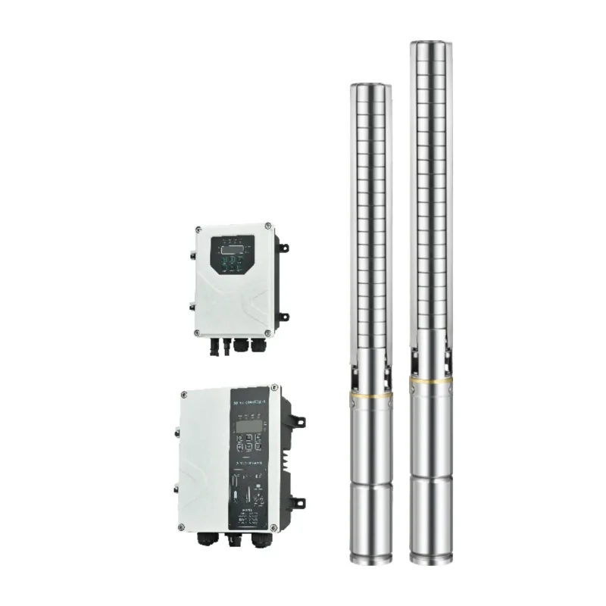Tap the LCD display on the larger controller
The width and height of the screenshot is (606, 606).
pos(247,426)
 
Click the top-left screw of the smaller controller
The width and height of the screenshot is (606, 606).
pos(198,230)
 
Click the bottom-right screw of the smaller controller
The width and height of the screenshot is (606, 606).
pos(267,333)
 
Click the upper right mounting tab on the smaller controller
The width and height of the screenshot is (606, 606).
pos(283,247)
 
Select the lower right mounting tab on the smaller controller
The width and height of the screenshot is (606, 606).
pos(283,316)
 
